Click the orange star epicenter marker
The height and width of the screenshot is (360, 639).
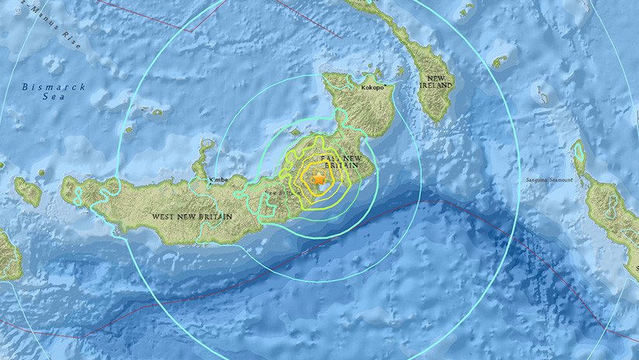(318, 179)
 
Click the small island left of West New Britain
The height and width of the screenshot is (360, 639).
(29, 191)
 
